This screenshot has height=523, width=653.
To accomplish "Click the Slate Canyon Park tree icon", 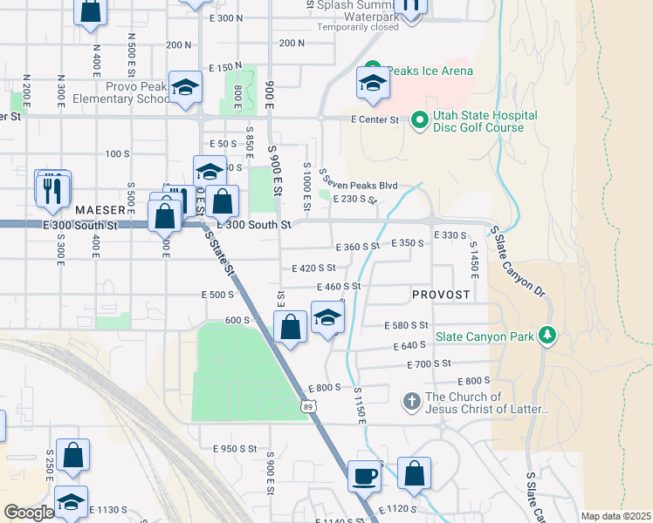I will [547, 336].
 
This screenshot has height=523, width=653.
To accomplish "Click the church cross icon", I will [411, 402].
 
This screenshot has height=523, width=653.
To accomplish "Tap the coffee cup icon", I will [365, 476].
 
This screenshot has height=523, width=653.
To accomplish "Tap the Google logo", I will [29, 513].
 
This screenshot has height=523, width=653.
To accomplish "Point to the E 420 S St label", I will [314, 268].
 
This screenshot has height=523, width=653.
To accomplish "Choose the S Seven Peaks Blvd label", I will [360, 180].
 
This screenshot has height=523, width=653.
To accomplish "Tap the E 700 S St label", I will [428, 363].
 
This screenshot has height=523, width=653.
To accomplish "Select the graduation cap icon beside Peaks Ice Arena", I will [373, 85].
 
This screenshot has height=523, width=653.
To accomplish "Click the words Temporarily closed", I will [357, 27].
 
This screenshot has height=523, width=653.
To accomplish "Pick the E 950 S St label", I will [235, 448].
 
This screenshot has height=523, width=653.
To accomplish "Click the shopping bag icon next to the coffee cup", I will [415, 474].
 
